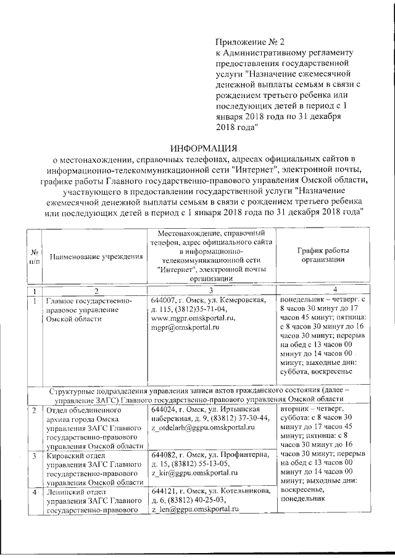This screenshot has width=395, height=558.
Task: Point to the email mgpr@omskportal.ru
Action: click(186, 327)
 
